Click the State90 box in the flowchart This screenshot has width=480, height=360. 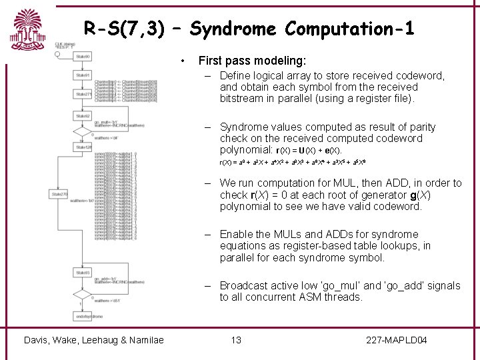83,57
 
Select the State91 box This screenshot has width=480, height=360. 83,76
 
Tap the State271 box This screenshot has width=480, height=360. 83,95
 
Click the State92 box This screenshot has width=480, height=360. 83,116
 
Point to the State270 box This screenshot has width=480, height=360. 59,195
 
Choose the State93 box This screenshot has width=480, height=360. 83,273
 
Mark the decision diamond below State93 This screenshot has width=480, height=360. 83,294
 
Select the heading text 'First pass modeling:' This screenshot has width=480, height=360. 252,61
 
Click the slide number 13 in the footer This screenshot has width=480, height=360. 236,341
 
